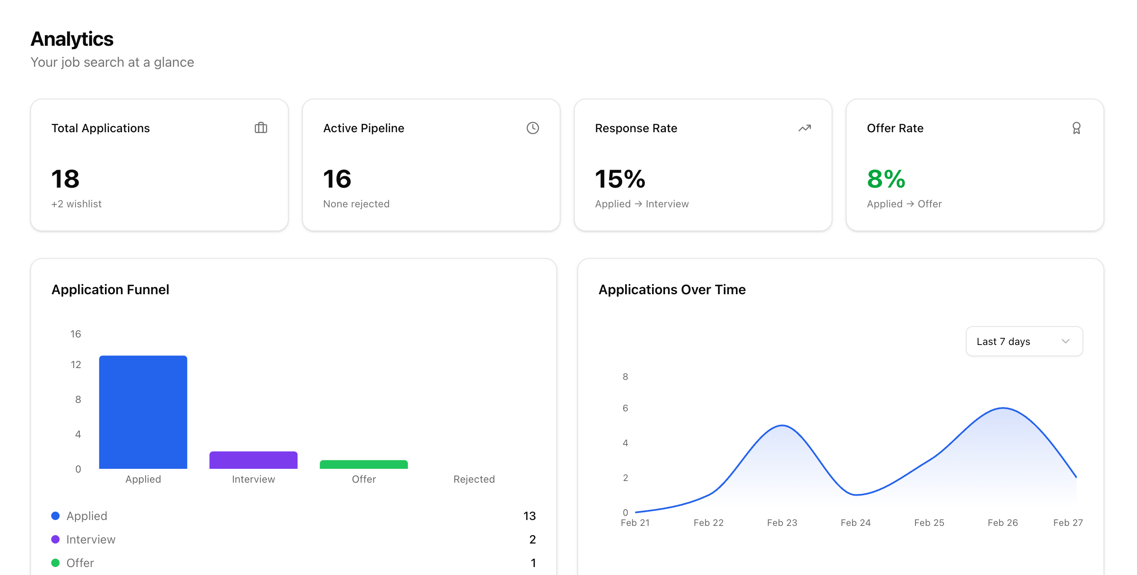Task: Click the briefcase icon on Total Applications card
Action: click(x=261, y=128)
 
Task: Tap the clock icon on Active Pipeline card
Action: click(x=533, y=128)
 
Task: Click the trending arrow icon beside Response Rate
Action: click(x=805, y=128)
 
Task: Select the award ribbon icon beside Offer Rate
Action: click(x=1077, y=128)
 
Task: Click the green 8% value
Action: click(x=886, y=179)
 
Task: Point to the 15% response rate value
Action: click(x=620, y=179)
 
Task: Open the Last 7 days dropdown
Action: click(x=1024, y=341)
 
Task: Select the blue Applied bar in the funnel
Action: click(x=143, y=412)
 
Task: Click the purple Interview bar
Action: click(x=253, y=460)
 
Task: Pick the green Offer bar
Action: click(x=364, y=465)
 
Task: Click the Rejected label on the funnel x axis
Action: click(x=474, y=479)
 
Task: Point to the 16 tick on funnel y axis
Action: click(x=76, y=334)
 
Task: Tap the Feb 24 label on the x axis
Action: click(x=855, y=523)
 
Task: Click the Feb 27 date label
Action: click(x=1068, y=523)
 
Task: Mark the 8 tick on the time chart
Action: click(x=625, y=377)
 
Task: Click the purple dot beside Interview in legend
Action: click(x=56, y=539)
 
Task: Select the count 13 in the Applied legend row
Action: click(x=529, y=516)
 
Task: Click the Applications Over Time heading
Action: click(x=672, y=290)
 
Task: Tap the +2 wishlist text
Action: click(x=76, y=204)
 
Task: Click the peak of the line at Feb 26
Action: click(x=1003, y=408)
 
